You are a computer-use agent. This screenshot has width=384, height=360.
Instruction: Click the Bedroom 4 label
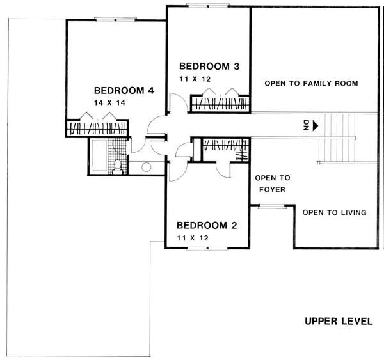(124, 91)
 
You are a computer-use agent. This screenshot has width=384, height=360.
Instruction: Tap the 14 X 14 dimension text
(109, 103)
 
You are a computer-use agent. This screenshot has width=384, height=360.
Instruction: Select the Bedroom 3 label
(209, 67)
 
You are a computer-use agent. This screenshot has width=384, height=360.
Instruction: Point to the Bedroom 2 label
(207, 225)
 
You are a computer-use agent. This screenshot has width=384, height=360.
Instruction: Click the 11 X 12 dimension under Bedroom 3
(195, 79)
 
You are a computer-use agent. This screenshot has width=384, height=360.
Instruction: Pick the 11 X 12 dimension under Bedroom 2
(193, 238)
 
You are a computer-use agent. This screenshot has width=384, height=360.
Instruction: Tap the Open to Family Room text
(311, 84)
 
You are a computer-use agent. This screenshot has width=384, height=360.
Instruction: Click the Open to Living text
(335, 212)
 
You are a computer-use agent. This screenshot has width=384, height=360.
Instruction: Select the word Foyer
(273, 190)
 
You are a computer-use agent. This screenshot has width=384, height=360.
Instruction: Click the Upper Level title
(339, 321)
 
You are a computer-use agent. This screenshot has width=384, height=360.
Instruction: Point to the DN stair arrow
(316, 126)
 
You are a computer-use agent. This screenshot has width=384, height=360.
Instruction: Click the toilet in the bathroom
(118, 167)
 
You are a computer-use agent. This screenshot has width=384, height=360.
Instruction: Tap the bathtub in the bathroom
(99, 155)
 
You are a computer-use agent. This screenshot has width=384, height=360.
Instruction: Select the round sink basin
(146, 167)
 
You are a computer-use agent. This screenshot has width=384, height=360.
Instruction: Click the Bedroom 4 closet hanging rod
(98, 129)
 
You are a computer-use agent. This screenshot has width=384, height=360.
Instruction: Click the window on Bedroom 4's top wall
(115, 20)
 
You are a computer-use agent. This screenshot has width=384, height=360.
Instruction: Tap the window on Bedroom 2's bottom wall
(207, 249)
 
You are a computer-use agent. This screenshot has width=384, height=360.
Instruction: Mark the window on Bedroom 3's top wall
(207, 5)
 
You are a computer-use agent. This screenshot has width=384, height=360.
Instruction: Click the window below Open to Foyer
(272, 207)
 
